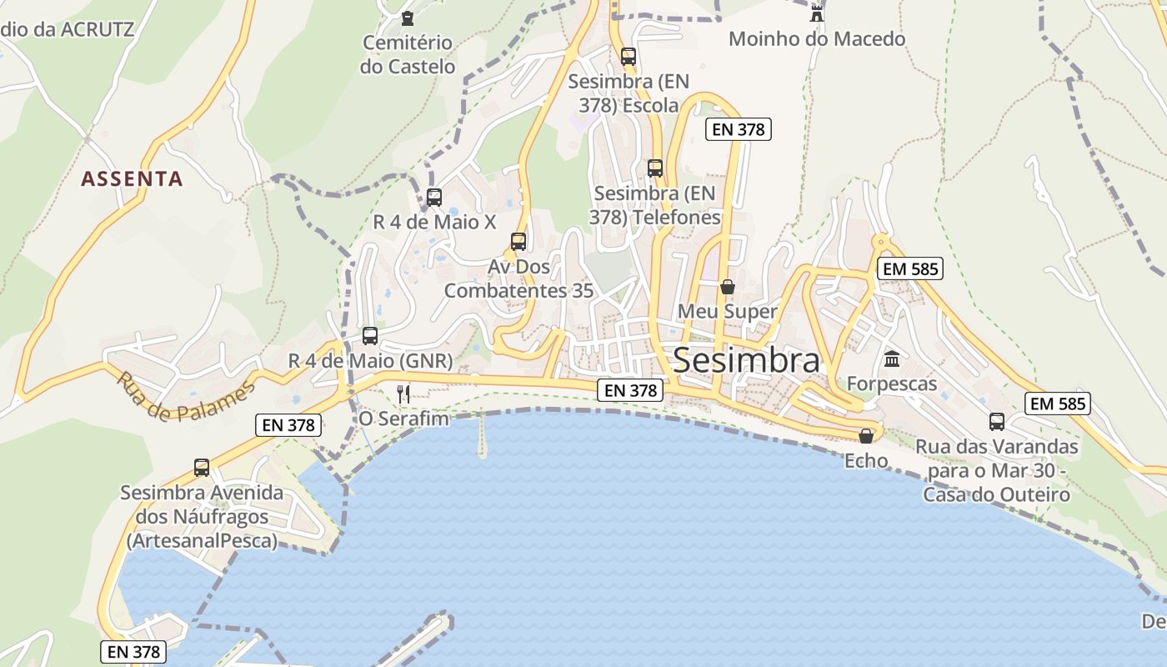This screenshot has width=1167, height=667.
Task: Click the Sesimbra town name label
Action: click(746, 360)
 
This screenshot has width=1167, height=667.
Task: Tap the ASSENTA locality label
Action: click(132, 178)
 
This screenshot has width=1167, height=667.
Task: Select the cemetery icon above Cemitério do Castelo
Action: click(408, 18)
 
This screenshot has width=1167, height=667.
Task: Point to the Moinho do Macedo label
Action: click(817, 38)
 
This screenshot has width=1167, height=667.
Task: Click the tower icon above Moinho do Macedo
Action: click(817, 13)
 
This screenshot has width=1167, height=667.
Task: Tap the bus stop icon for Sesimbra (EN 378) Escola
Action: click(629, 57)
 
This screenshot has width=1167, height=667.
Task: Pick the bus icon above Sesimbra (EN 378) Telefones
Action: click(655, 168)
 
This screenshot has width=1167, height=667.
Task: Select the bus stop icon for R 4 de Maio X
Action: click(434, 198)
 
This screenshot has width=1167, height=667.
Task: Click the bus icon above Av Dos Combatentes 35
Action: click(518, 242)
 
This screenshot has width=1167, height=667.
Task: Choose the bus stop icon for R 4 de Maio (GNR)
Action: click(370, 336)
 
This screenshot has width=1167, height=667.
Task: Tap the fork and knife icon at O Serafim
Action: click(403, 394)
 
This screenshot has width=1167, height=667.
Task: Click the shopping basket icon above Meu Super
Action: click(728, 287)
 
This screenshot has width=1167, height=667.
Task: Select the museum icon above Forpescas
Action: click(892, 359)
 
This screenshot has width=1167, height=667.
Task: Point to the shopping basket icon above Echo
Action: click(867, 436)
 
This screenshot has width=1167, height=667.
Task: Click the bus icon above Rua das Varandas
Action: click(997, 422)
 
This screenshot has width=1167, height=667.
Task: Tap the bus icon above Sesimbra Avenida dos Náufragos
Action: click(202, 468)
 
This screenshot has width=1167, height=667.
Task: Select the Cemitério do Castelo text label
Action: click(408, 54)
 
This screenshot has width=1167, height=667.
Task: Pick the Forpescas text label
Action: click(892, 384)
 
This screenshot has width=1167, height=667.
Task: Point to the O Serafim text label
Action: click(404, 419)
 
